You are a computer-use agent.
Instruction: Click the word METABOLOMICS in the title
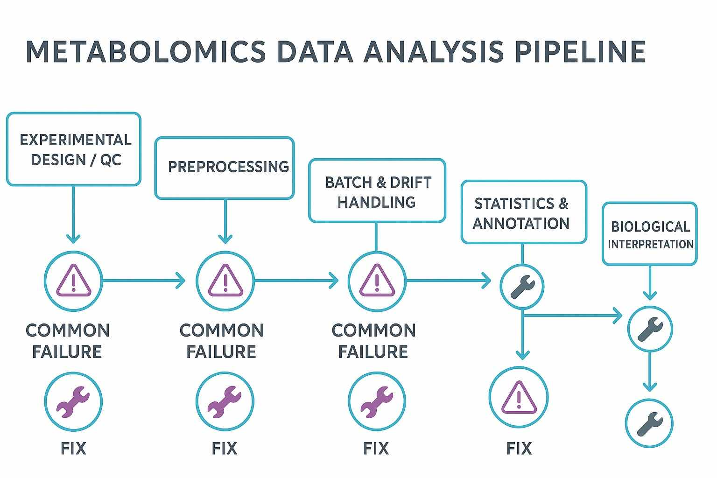(145, 51)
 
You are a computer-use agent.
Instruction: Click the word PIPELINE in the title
(580, 51)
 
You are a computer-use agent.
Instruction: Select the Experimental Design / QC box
(74, 149)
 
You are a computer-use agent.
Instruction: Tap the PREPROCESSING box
(225, 168)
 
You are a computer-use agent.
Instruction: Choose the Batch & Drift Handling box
(377, 191)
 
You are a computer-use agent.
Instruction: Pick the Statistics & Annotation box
(523, 212)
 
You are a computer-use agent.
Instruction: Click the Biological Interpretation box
(649, 234)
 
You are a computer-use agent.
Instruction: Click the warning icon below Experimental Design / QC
(73, 281)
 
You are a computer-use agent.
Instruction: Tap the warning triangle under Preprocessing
(225, 281)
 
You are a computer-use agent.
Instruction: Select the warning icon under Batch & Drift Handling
(377, 281)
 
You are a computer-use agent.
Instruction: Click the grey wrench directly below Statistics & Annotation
(522, 287)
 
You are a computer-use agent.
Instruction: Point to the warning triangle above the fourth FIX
(518, 398)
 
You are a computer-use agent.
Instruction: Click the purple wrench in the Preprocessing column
(225, 401)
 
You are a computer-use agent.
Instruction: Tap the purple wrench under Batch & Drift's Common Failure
(376, 401)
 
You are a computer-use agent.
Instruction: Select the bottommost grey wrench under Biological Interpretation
(649, 423)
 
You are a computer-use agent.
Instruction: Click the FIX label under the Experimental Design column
(73, 449)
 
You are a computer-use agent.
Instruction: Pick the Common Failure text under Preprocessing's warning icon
(221, 341)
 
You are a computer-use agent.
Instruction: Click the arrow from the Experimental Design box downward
(73, 215)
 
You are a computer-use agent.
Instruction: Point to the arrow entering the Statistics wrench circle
(448, 281)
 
